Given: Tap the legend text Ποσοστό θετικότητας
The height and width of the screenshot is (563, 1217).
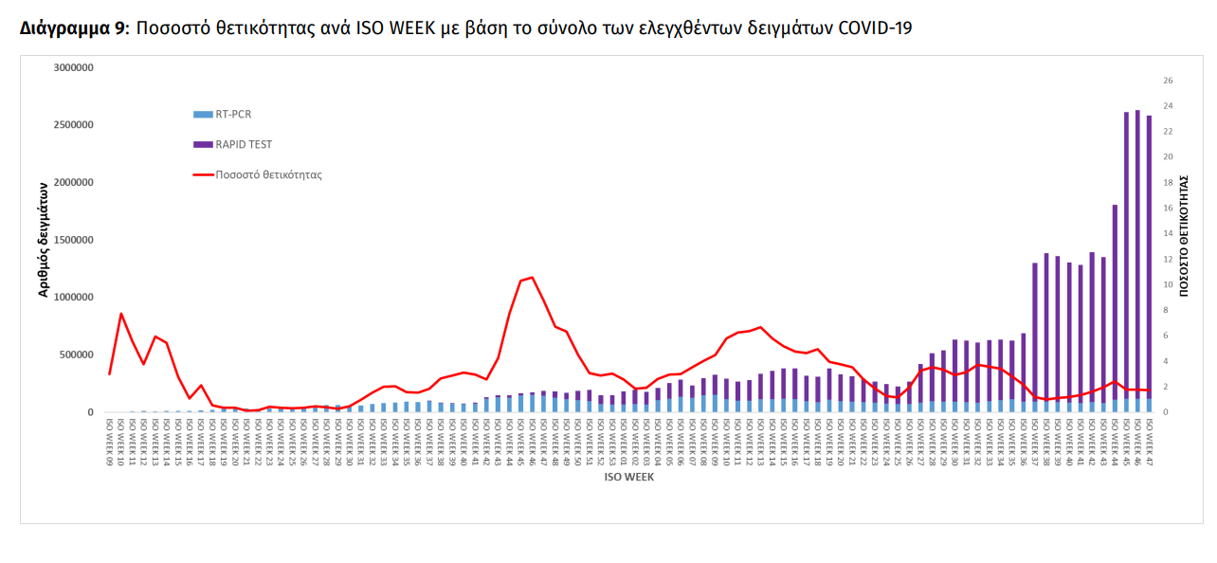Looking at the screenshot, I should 268,174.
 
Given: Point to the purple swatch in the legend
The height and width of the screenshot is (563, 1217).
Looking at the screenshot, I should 203,145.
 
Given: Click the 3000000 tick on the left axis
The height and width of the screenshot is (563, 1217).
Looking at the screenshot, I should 73,68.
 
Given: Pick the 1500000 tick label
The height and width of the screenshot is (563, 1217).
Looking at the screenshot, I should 73,240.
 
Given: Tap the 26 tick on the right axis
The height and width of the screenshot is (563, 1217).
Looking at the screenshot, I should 1168,81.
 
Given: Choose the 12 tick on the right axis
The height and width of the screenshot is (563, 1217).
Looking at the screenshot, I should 1168,259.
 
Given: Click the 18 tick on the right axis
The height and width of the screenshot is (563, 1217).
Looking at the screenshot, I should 1168,183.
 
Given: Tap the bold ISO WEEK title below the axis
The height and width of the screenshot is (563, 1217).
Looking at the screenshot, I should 628,478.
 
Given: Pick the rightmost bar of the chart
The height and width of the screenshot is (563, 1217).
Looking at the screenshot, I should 1149,265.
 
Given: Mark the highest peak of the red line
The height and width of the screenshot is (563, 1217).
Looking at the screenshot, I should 532,277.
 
